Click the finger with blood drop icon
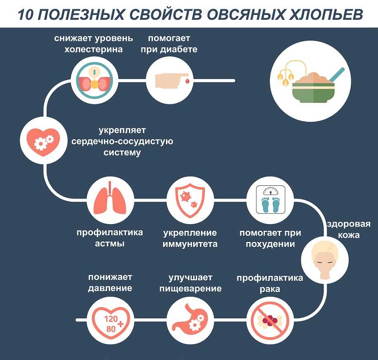pos(170,79)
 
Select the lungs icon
pos(110,201)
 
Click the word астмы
pos(110,244)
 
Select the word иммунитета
pos(190,244)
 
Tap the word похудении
pos(270,244)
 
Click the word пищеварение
pos(190,289)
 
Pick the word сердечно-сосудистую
pos(122,141)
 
